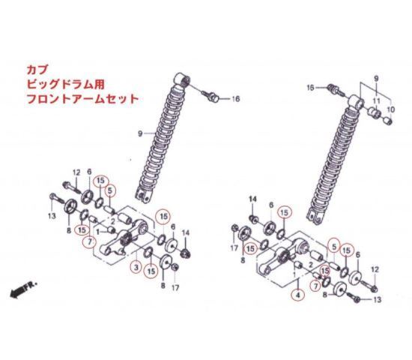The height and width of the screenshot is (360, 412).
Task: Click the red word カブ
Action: click(x=37, y=70)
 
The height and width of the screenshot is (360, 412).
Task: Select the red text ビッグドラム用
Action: click(x=66, y=85)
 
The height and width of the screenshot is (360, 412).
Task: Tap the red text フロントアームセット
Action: click(x=82, y=99)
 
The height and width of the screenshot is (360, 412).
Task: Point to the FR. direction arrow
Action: click(x=23, y=289)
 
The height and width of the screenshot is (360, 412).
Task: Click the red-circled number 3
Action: click(x=136, y=268)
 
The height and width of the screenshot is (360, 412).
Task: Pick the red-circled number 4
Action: click(x=297, y=295)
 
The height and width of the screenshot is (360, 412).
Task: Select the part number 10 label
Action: click(x=391, y=109)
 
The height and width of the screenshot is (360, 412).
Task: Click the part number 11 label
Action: click(x=377, y=100)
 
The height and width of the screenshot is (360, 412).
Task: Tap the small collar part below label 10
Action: click(x=389, y=121)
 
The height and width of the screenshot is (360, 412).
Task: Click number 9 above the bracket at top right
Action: click(x=376, y=79)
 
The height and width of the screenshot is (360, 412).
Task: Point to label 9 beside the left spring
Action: click(x=140, y=133)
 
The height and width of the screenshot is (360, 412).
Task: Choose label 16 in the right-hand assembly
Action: click(x=311, y=88)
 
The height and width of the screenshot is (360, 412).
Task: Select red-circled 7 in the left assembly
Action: click(x=90, y=241)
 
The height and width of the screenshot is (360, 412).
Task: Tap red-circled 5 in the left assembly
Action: click(x=110, y=190)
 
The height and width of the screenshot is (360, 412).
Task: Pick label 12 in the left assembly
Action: click(x=76, y=172)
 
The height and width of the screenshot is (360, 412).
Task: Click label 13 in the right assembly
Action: click(x=377, y=300)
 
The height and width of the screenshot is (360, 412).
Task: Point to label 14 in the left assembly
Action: click(x=186, y=233)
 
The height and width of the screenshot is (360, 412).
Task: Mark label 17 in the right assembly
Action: click(x=234, y=247)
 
